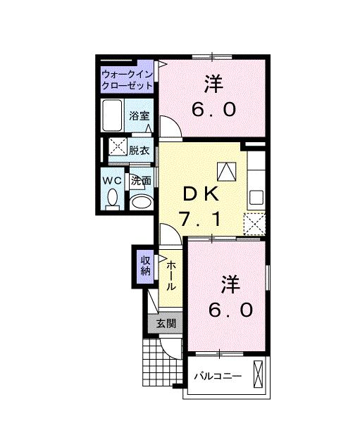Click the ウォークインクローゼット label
(127, 79)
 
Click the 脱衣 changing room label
(139, 149)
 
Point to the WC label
(113, 180)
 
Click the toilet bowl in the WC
(113, 199)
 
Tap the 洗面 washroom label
(141, 180)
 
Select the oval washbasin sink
(141, 203)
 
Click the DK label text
(203, 193)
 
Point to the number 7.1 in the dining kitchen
(203, 219)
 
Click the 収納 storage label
(145, 265)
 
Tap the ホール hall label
(170, 277)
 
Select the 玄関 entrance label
(166, 324)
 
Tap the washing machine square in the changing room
(115, 149)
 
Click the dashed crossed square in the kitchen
(254, 224)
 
